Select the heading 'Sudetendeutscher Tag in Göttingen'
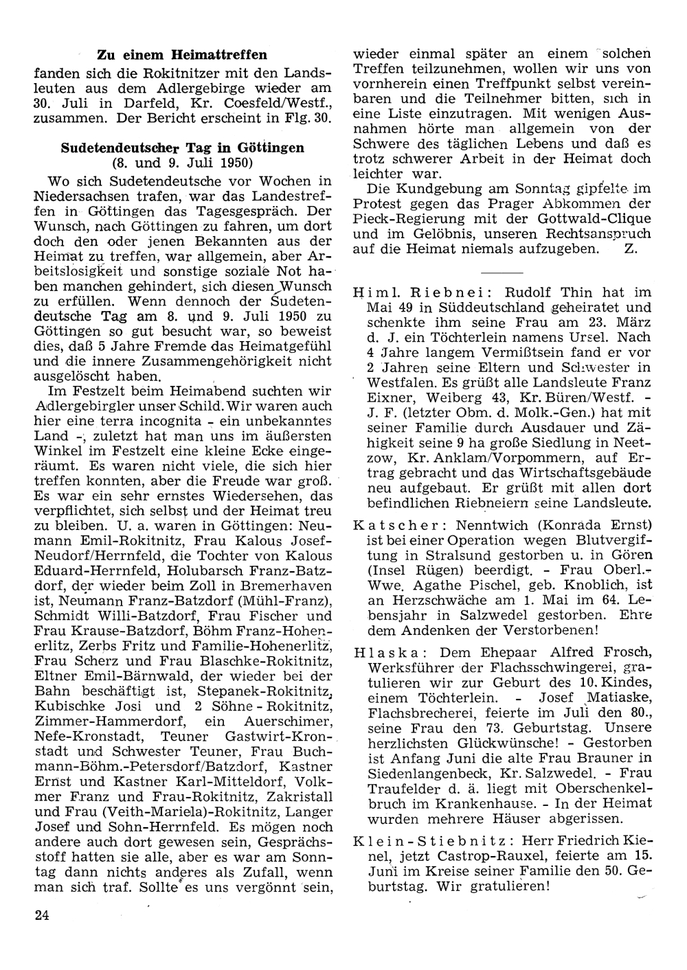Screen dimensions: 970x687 coord(182,148)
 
